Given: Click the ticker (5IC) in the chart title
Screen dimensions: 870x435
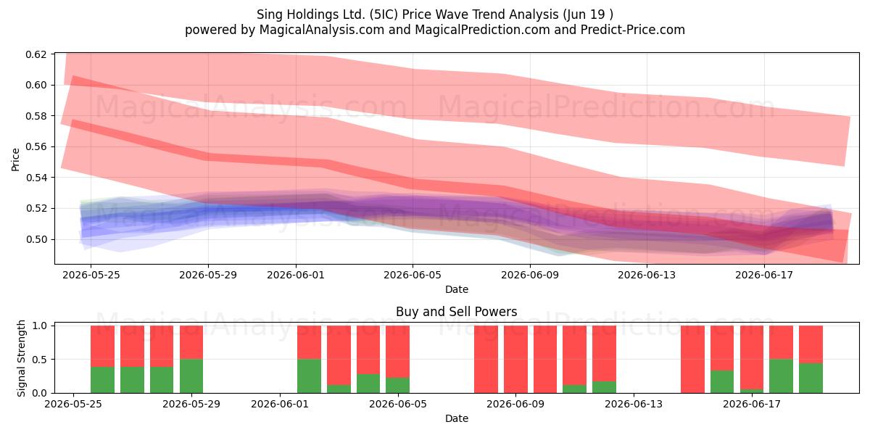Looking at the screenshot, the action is pos(384,14).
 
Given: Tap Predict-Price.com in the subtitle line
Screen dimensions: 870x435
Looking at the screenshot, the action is pos(633,30).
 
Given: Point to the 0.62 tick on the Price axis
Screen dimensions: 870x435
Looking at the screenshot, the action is pos(36,54).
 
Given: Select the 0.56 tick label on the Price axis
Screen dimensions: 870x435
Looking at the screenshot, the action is pos(36,146).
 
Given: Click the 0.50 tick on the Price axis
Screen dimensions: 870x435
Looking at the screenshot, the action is pos(36,239).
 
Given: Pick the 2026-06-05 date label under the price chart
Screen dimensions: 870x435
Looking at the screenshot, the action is pos(413,275).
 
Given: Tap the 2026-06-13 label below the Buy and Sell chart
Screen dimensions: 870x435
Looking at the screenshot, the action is pos(634,404).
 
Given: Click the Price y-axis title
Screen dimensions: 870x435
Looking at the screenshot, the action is pos(15,159).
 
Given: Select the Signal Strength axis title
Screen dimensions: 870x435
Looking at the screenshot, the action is pos(21,358).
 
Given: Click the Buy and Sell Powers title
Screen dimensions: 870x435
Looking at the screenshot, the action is pos(456,312).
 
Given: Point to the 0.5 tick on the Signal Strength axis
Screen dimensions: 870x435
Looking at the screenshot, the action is pos(40,360).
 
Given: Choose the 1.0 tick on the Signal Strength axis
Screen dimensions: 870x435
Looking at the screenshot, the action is pos(40,326).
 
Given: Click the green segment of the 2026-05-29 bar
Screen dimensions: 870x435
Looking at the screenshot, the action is pos(191,376).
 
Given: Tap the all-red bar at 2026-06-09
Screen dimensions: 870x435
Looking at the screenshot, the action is pos(515,360).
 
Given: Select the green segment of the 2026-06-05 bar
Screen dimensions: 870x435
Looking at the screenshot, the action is pos(398,385).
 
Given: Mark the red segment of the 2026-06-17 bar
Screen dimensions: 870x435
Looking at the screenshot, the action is pos(752,357).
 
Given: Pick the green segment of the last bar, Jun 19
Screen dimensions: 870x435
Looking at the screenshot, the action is pos(811,378).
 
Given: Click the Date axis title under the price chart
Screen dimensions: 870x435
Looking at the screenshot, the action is pos(456,289).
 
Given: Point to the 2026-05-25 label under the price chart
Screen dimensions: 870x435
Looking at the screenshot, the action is pos(91,275).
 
